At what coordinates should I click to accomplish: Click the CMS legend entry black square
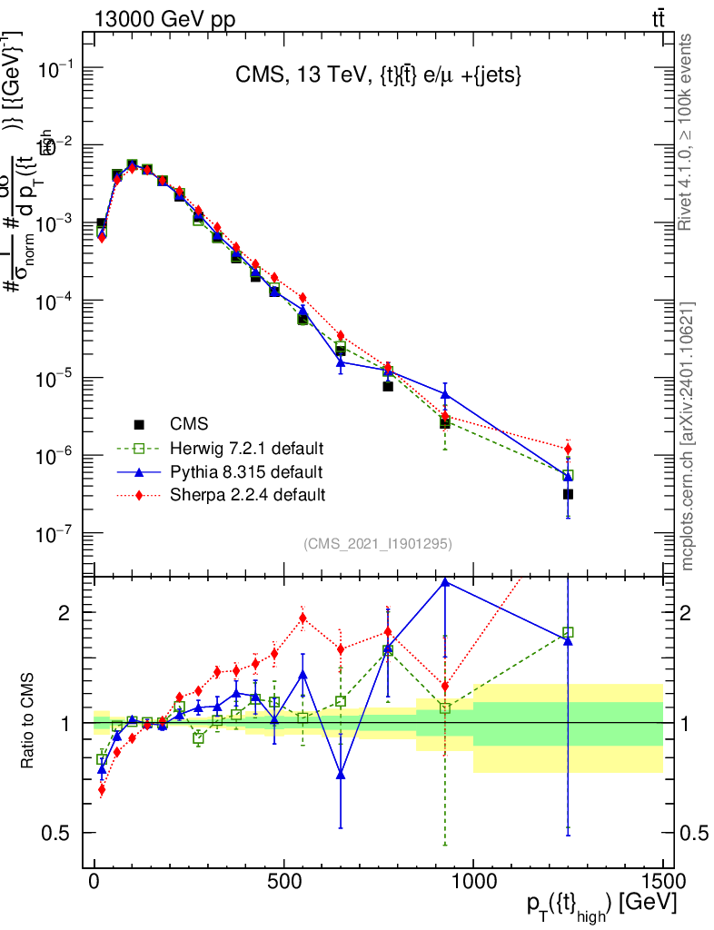point(139,423)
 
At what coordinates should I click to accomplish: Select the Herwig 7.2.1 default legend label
point(247,448)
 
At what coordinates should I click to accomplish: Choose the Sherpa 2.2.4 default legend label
point(247,495)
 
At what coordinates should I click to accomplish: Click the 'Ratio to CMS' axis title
point(27,722)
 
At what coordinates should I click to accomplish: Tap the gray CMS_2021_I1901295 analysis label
point(378,544)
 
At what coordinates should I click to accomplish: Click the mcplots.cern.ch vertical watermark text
point(688,436)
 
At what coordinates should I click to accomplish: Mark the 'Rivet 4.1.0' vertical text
point(688,132)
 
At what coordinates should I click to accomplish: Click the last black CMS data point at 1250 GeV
point(568,494)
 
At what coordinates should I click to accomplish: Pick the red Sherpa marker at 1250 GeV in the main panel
point(568,449)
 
